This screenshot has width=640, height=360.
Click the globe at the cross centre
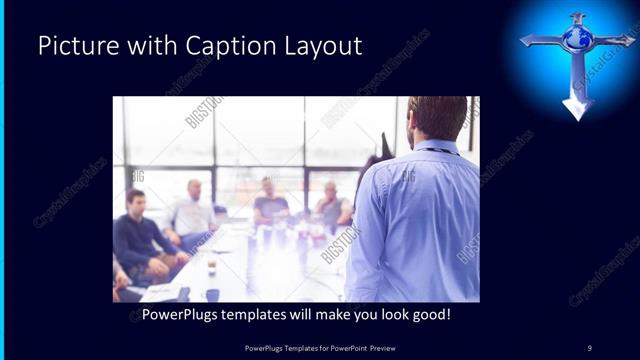(578, 39)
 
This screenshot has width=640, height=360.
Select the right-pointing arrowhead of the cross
(627, 41)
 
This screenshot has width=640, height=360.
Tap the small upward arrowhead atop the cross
(578, 16)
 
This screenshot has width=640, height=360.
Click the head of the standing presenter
(436, 118)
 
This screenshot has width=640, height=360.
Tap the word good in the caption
(427, 314)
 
